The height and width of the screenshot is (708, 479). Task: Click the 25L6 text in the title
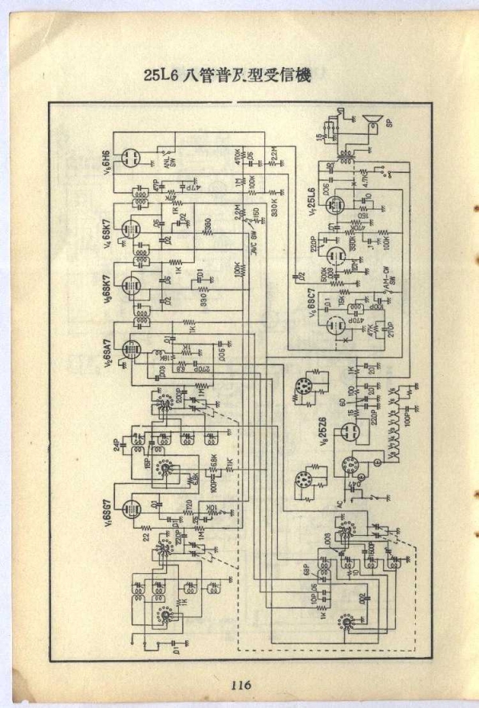[x=162, y=77]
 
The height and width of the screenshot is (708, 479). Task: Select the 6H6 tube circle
[x=130, y=156]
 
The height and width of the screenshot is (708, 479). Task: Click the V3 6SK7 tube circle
[x=129, y=285]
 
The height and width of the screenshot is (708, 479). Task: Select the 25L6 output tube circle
[x=335, y=205]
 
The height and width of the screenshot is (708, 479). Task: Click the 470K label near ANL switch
[x=237, y=155]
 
